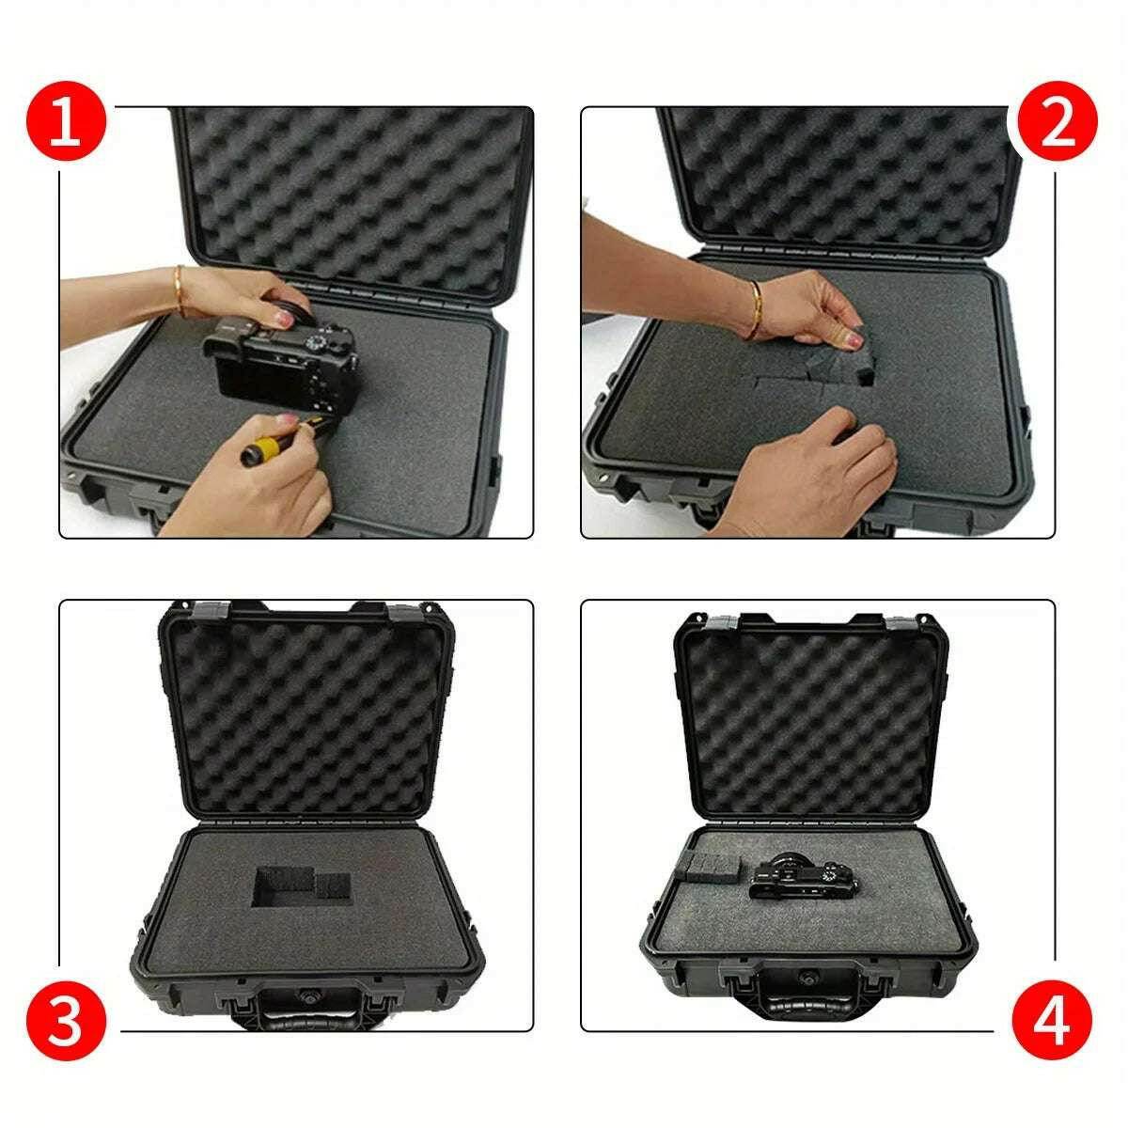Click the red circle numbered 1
[x=65, y=125]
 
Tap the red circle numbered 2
[x=1057, y=125]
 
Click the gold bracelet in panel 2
[x=755, y=308]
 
